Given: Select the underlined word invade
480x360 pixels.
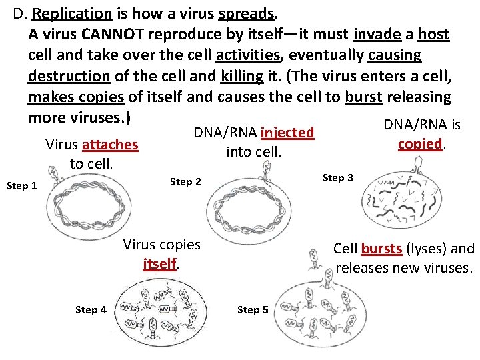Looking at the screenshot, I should (377, 35).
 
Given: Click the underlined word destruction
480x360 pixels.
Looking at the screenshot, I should (68, 76).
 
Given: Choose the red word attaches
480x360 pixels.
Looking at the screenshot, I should (110, 145).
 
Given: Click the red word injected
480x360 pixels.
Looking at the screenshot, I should (287, 133).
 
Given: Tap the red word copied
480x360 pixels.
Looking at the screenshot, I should (419, 144).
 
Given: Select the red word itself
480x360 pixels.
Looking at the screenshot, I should (160, 264).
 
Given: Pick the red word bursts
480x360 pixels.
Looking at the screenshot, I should (381, 249).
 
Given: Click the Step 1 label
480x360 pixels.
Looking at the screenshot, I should (21, 186).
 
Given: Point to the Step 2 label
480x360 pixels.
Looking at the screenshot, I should (186, 181).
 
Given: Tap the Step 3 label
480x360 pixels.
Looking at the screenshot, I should (338, 177).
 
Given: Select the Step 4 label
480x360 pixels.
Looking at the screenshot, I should (91, 309).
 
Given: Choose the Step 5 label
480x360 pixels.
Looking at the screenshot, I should (253, 309).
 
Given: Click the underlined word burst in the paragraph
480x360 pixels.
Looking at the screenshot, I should (363, 97).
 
